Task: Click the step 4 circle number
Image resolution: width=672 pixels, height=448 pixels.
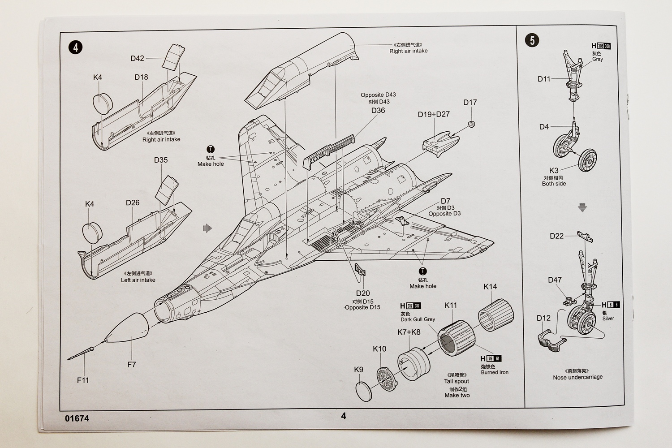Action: (x=76, y=47)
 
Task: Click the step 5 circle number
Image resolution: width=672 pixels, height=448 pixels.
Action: (x=532, y=40)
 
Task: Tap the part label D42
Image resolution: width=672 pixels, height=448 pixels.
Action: (x=138, y=58)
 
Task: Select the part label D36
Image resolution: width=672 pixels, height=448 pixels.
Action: (x=378, y=111)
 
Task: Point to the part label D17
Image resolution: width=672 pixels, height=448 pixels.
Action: (x=470, y=103)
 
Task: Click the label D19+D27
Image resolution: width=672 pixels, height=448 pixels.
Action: (x=433, y=114)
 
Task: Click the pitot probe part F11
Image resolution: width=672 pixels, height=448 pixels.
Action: (x=81, y=353)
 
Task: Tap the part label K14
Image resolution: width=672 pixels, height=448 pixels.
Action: (x=490, y=287)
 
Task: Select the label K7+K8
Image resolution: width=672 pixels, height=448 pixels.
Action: (x=409, y=332)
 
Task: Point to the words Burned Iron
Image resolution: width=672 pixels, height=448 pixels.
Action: (x=495, y=372)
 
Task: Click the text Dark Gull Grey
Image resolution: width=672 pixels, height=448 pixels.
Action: (x=418, y=319)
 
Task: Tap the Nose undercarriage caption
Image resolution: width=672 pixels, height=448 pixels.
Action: (x=577, y=377)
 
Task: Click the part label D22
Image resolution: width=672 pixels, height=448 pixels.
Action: (x=556, y=236)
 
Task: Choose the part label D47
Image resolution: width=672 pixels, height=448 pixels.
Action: (x=555, y=280)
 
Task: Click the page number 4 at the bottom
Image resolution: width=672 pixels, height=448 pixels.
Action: (x=344, y=416)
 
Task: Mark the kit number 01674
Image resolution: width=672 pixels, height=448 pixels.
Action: (x=77, y=418)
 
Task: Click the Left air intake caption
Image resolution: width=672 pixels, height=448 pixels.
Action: (x=138, y=280)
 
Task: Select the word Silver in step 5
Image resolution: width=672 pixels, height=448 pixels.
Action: (x=608, y=319)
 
